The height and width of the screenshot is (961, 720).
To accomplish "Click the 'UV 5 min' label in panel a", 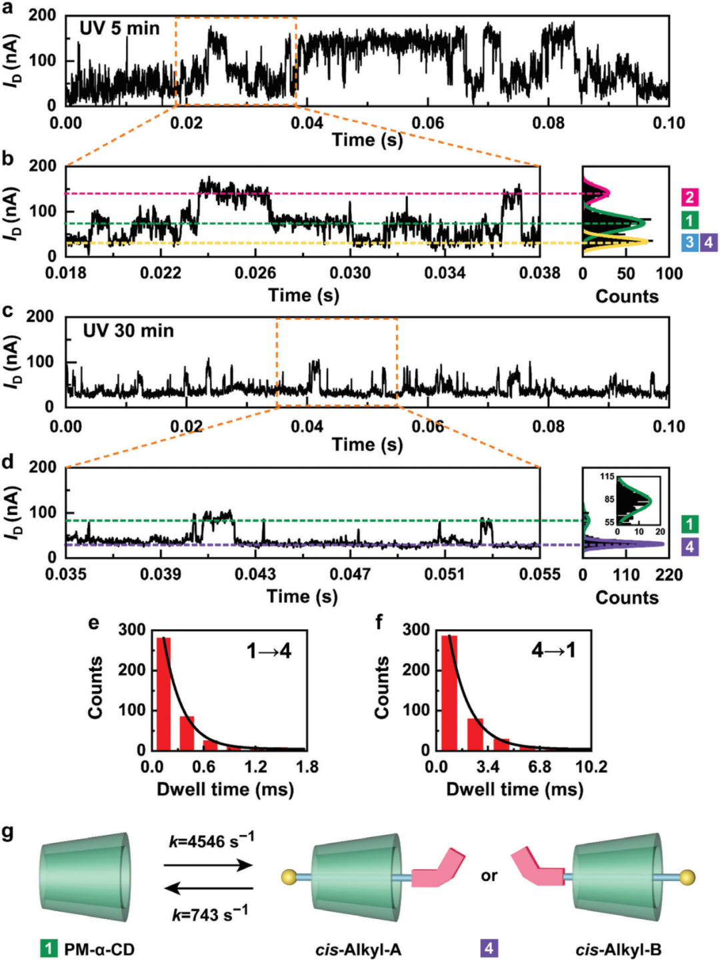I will pyautogui.click(x=119, y=29).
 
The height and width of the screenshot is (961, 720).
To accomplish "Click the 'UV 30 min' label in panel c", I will pyautogui.click(x=128, y=331).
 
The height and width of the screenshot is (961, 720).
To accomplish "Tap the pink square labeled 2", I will pyautogui.click(x=689, y=197).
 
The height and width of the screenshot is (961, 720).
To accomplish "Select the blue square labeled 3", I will pyautogui.click(x=689, y=243).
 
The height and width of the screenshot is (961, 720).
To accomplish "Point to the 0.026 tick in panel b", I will pyautogui.click(x=255, y=273).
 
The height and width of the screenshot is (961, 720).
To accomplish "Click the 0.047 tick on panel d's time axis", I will pyautogui.click(x=350, y=574).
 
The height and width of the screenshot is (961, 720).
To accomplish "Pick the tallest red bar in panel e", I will pyautogui.click(x=163, y=693).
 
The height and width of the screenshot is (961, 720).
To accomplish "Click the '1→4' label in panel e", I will pyautogui.click(x=269, y=650).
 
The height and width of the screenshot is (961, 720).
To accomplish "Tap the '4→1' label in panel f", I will pyautogui.click(x=553, y=650).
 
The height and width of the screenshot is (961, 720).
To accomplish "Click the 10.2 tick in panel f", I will pyautogui.click(x=591, y=767).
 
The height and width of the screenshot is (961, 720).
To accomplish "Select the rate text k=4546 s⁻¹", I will pyautogui.click(x=211, y=841).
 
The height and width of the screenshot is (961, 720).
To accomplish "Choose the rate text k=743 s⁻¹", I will pyautogui.click(x=209, y=914).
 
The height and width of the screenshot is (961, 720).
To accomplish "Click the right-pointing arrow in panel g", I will pyautogui.click(x=208, y=866).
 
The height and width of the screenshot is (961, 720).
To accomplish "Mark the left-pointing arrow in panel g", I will pyautogui.click(x=208, y=888).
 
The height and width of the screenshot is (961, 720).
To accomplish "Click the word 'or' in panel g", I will pyautogui.click(x=489, y=876).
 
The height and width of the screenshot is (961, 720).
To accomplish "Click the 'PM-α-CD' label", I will pyautogui.click(x=99, y=949).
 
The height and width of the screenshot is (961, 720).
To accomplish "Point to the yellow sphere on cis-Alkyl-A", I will pyautogui.click(x=289, y=876).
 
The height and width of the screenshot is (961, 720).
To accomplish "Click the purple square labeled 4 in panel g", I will pyautogui.click(x=489, y=948).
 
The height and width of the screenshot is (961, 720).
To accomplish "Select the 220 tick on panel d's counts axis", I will pyautogui.click(x=669, y=574).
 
